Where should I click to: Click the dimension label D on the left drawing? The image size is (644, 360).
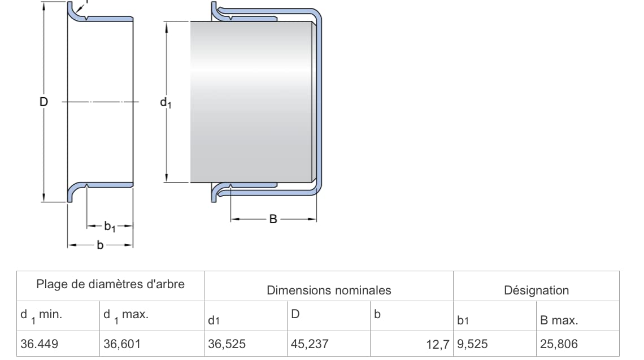(43, 102)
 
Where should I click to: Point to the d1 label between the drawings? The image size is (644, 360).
(166, 103)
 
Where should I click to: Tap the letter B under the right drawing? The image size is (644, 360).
(273, 219)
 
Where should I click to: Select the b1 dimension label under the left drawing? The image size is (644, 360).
(110, 227)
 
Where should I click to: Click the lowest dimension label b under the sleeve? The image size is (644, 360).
(100, 245)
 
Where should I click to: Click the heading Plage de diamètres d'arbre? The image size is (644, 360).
(111, 284)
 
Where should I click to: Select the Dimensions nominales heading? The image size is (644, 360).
(329, 290)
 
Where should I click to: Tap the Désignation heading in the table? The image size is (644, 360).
(537, 290)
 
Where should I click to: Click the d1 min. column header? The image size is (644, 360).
(41, 315)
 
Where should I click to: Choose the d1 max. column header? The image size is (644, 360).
(125, 315)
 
